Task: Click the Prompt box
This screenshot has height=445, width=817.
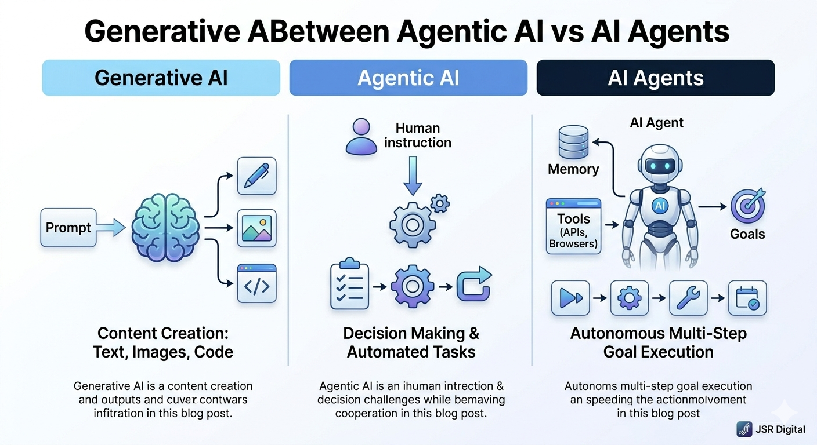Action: point(68,228)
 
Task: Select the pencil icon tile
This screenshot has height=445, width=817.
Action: point(256,176)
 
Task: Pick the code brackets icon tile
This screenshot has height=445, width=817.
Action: point(256,283)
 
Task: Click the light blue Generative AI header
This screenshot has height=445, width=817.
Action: point(161,78)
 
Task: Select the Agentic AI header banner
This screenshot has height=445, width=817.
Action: point(408,78)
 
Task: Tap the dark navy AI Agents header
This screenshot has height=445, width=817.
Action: point(655,78)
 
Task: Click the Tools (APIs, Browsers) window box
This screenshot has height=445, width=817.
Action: point(574,226)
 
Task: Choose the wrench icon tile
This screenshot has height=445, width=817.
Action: point(688,298)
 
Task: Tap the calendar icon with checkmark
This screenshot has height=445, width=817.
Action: point(747,298)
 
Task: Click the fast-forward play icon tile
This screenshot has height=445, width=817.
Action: point(570,298)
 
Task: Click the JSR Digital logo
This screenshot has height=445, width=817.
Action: point(744,429)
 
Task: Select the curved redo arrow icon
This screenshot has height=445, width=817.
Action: point(473,285)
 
